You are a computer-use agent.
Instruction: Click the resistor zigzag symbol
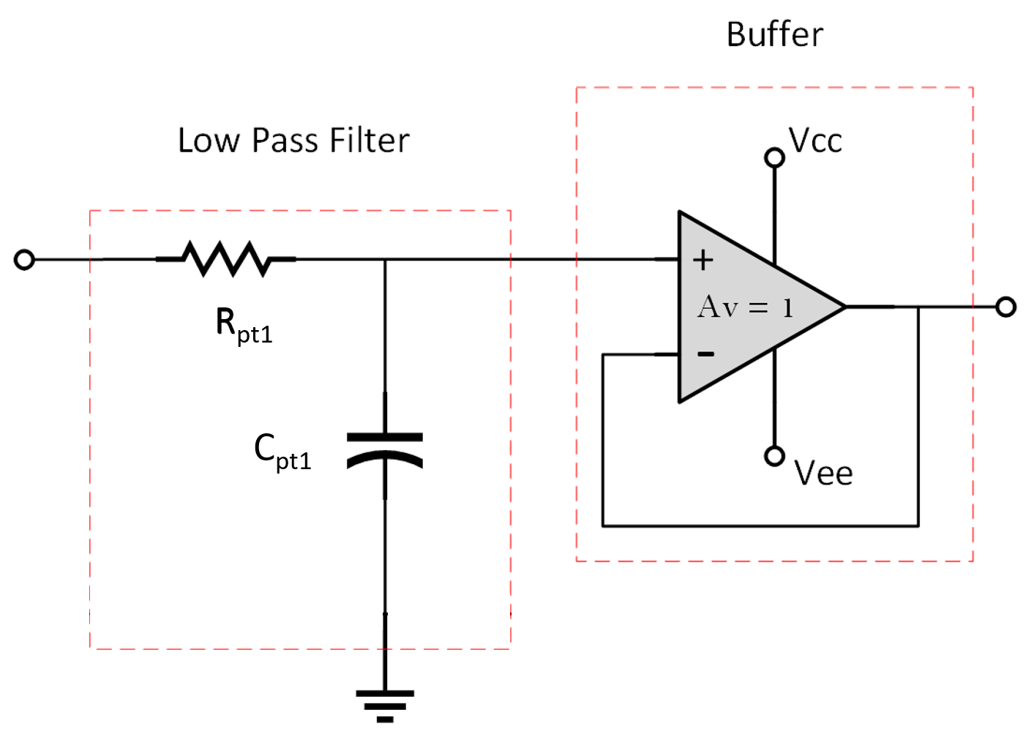(x=227, y=259)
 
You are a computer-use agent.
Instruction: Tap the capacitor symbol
(x=385, y=449)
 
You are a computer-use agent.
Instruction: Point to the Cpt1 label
(x=282, y=451)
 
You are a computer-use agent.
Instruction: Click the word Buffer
(x=774, y=34)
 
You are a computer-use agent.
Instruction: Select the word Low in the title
(x=209, y=141)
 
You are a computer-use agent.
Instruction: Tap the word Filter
(x=370, y=141)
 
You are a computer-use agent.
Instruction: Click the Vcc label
(x=815, y=141)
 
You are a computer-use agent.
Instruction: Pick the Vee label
(x=823, y=474)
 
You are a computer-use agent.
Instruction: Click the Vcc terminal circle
(x=774, y=157)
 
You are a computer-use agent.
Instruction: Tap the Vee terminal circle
(x=774, y=456)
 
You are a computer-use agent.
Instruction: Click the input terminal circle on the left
(x=25, y=259)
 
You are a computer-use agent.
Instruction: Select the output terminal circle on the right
(x=1006, y=307)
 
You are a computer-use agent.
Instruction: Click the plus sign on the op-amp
(x=703, y=260)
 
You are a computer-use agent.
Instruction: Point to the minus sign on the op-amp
(x=705, y=354)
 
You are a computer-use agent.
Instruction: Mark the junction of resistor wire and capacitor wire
(x=385, y=259)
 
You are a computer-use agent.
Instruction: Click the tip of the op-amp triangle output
(x=845, y=307)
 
